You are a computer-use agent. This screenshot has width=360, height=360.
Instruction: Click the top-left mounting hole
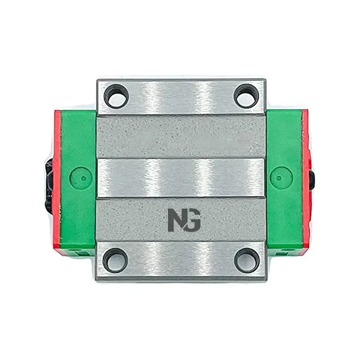pos(116,97)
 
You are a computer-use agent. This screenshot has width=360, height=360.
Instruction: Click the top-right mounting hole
pos(246,97)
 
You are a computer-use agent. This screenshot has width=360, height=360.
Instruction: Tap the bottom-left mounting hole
pos(115,260)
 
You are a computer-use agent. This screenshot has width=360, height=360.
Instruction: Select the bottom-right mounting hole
pos(247,260)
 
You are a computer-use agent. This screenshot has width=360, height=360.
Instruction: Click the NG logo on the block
pos(184,220)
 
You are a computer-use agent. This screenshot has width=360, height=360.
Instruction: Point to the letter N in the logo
pos(176,220)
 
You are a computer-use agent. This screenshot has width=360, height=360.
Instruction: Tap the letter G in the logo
pos(193,220)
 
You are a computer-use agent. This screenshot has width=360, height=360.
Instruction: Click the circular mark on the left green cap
pos(81,178)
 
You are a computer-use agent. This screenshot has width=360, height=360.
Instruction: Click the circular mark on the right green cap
pos(281,178)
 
